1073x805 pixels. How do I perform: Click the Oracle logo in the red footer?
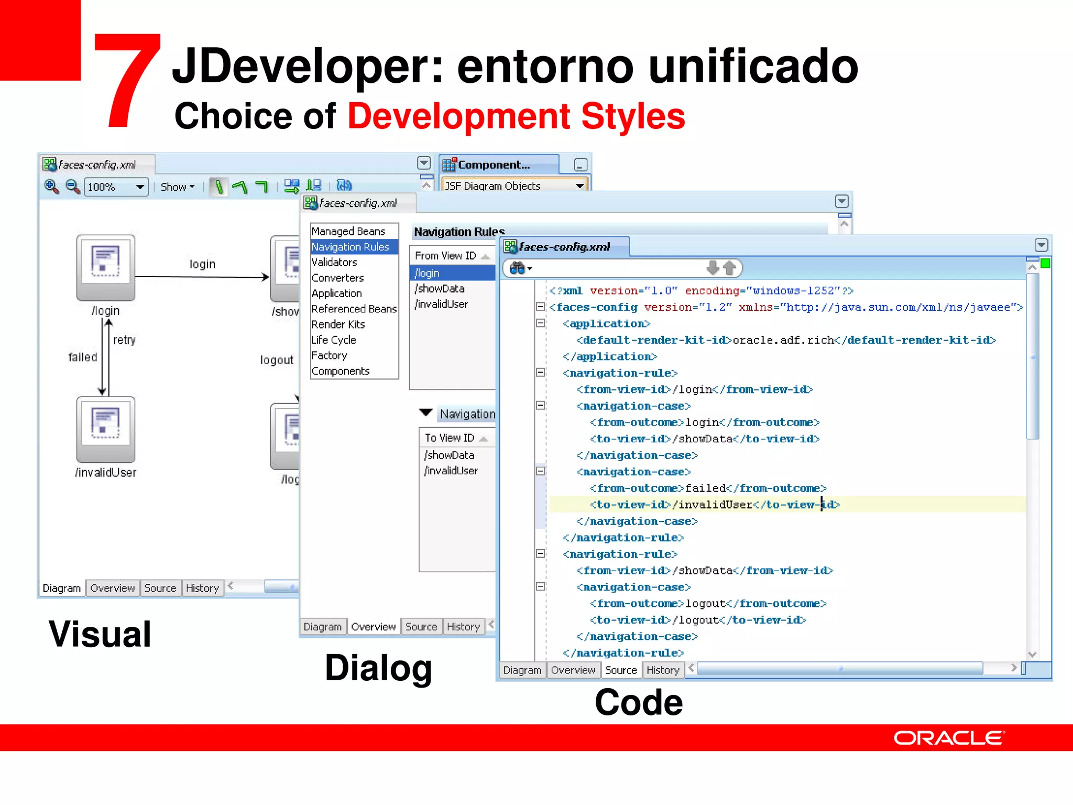click(949, 738)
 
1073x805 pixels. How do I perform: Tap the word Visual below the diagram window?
click(100, 634)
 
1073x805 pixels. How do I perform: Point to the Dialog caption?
click(378, 668)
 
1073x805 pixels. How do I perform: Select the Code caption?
click(639, 702)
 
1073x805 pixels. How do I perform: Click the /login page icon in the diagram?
click(106, 267)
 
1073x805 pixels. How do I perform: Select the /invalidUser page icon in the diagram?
click(106, 429)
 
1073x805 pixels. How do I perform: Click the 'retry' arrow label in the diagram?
click(124, 340)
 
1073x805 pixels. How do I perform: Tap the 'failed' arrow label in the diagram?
click(83, 357)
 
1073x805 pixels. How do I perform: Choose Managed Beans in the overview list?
click(348, 231)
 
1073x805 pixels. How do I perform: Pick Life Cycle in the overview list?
click(334, 340)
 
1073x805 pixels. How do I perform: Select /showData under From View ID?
click(440, 289)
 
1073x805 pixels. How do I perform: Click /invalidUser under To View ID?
click(451, 471)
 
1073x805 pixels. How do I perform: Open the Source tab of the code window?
click(621, 670)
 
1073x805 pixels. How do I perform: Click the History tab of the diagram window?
click(202, 588)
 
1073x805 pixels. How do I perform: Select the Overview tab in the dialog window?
click(373, 626)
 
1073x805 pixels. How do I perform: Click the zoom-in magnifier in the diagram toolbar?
click(51, 187)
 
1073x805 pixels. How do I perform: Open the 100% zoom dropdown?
click(140, 187)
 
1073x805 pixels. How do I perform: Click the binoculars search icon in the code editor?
click(518, 268)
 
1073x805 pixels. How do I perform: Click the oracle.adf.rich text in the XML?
click(783, 340)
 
